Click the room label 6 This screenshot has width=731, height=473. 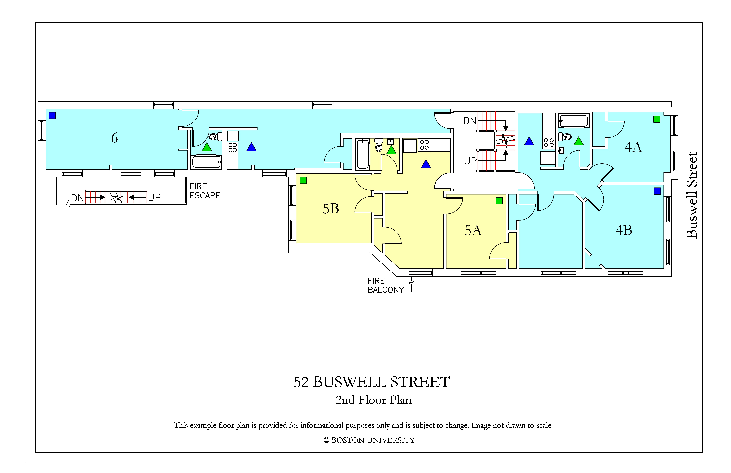pos(114,138)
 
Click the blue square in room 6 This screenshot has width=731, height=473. pos(52,116)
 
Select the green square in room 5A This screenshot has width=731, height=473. pos(499,201)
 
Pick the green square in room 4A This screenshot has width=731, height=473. pos(657,119)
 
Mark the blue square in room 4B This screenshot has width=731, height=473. pos(658,191)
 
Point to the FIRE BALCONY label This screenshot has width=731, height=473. pos(385,285)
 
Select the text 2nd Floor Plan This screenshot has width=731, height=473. pos(374,400)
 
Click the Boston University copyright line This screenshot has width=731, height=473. pos(369,440)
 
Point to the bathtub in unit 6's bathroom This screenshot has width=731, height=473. pos(206,162)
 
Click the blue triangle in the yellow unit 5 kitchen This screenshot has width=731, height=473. pos(426,164)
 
